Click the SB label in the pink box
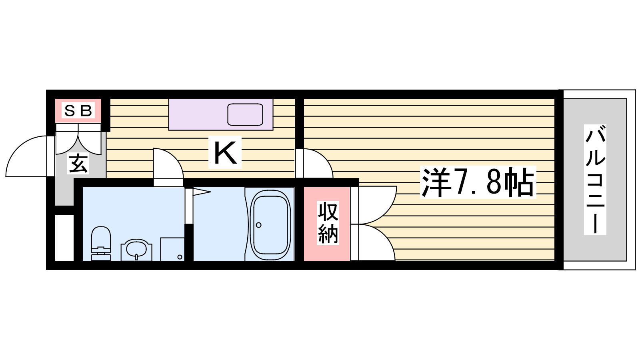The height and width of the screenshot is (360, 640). pyautogui.click(x=78, y=110)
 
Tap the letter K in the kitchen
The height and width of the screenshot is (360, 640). pyautogui.click(x=225, y=153)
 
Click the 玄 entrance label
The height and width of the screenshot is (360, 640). pyautogui.click(x=78, y=164)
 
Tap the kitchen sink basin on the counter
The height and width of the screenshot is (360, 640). pyautogui.click(x=245, y=114)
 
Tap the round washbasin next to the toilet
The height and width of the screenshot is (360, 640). pyautogui.click(x=136, y=250)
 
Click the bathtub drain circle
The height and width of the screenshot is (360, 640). pyautogui.click(x=258, y=225)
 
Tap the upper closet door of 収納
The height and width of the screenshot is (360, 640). pyautogui.click(x=374, y=204)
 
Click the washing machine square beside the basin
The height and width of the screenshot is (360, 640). pyautogui.click(x=172, y=249)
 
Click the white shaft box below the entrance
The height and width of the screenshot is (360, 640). pyautogui.click(x=64, y=238)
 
